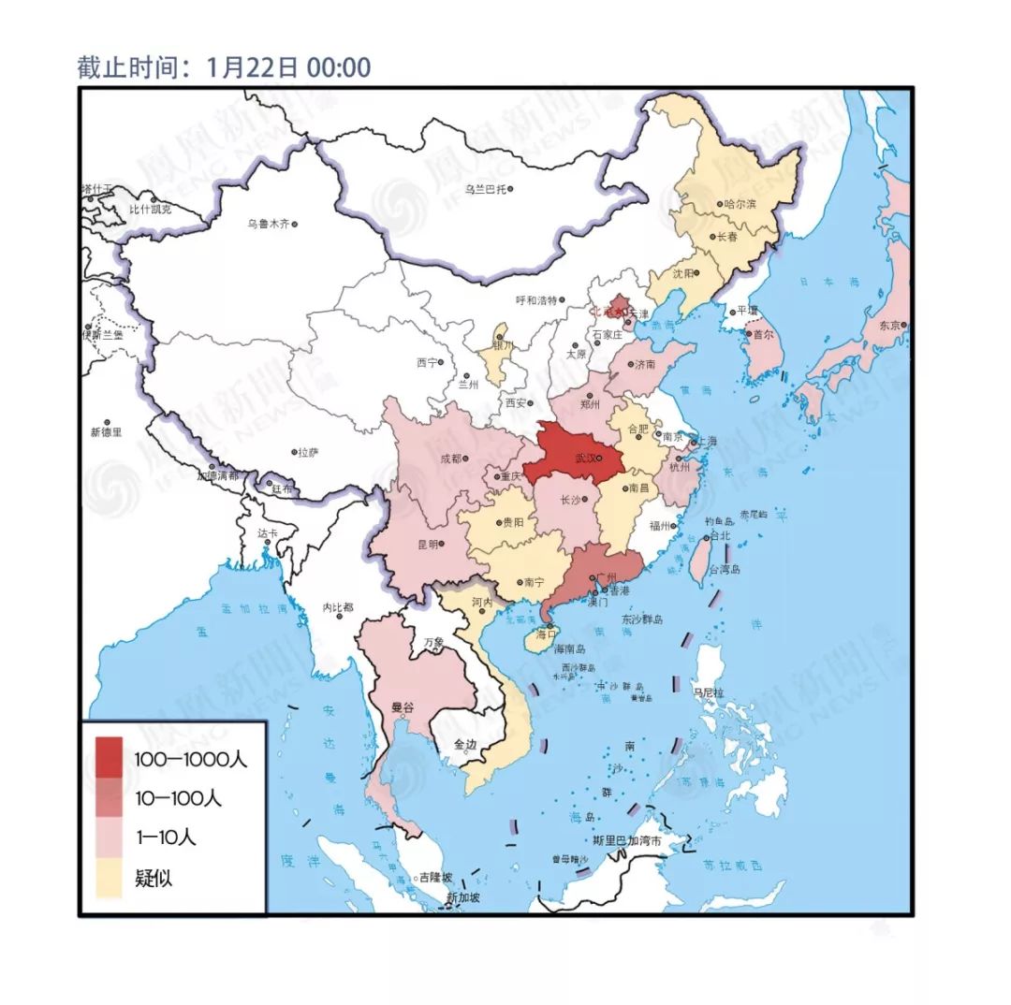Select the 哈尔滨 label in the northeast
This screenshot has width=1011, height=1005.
pyautogui.click(x=740, y=203)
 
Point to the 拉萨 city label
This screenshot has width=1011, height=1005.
pyautogui.click(x=307, y=452)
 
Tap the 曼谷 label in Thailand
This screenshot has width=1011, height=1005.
pyautogui.click(x=403, y=708)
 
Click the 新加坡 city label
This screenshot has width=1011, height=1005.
pyautogui.click(x=463, y=897)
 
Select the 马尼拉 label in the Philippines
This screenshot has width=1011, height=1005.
pyautogui.click(x=708, y=692)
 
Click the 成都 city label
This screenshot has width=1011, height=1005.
pyautogui.click(x=450, y=459)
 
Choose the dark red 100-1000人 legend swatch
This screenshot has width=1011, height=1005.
pyautogui.click(x=109, y=758)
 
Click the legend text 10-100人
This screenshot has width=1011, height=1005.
pyautogui.click(x=178, y=798)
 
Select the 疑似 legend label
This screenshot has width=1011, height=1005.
pyautogui.click(x=154, y=878)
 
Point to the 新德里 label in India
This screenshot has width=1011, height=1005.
pyautogui.click(x=106, y=431)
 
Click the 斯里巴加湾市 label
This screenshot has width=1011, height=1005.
pyautogui.click(x=634, y=841)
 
